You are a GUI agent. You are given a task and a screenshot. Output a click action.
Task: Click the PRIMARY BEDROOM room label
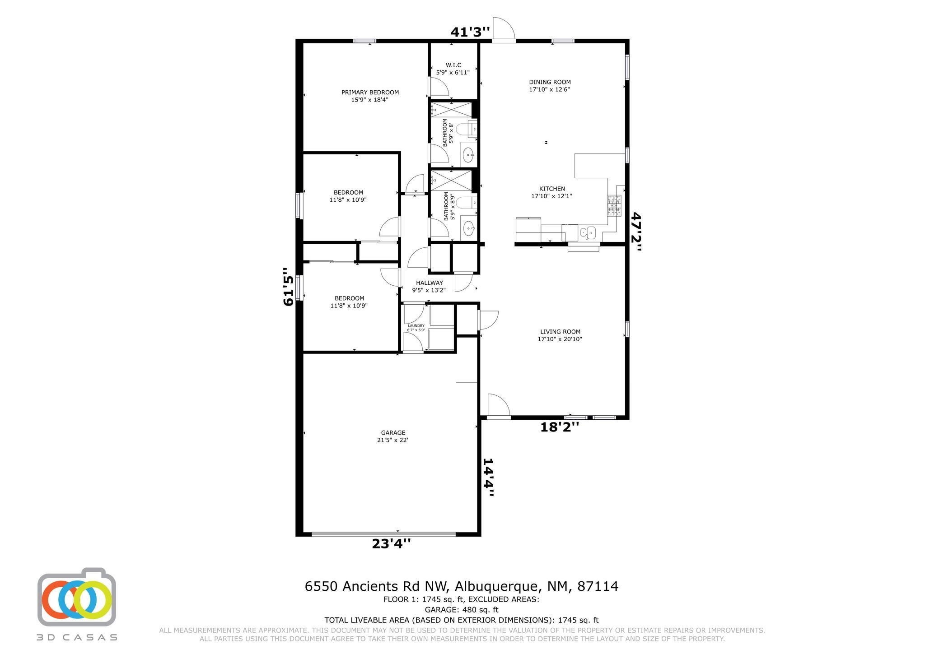pyautogui.click(x=370, y=93)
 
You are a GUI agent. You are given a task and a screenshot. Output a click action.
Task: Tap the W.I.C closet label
pyautogui.click(x=453, y=65)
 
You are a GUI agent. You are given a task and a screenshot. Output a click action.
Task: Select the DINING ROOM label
pyautogui.click(x=550, y=82)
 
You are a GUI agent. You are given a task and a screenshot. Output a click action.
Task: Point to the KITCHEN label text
pyautogui.click(x=552, y=189)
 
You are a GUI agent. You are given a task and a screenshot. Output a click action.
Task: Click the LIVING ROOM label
pyautogui.click(x=560, y=332)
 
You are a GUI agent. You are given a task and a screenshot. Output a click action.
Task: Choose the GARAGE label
pyautogui.click(x=393, y=433)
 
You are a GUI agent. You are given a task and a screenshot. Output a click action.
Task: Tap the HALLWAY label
pyautogui.click(x=430, y=283)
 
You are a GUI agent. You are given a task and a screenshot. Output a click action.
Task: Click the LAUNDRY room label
pyautogui.click(x=416, y=326)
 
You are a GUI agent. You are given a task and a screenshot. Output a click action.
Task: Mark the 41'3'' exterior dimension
pyautogui.click(x=470, y=32)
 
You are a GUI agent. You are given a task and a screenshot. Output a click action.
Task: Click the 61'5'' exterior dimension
pyautogui.click(x=289, y=287)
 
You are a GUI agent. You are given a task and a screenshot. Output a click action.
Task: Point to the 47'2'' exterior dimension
pyautogui.click(x=636, y=232)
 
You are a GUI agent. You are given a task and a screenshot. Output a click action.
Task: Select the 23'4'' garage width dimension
pyautogui.click(x=391, y=543)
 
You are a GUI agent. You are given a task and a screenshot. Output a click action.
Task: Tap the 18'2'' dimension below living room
pyautogui.click(x=560, y=427)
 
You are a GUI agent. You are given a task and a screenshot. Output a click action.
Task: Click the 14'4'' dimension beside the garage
pyautogui.click(x=488, y=478)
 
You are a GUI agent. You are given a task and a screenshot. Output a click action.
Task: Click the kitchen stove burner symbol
pyautogui.click(x=614, y=206)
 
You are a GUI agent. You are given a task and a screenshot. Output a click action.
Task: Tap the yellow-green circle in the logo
pyautogui.click(x=93, y=600)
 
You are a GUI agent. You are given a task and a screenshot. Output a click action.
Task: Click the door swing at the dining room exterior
pyautogui.click(x=504, y=28)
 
